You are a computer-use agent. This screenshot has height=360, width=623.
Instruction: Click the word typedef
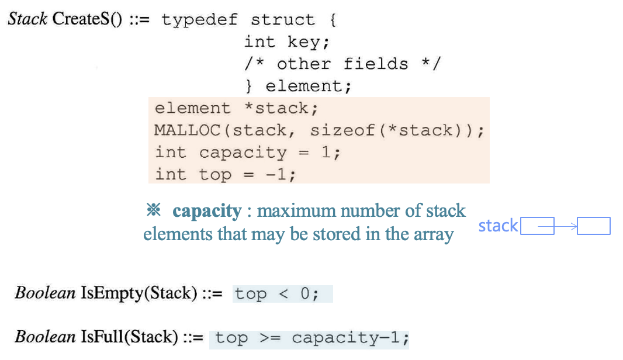(199, 20)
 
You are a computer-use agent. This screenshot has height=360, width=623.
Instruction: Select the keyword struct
(283, 20)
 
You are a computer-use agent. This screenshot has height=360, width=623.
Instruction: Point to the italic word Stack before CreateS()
(27, 19)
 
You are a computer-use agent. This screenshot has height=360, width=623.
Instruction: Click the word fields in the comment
(375, 64)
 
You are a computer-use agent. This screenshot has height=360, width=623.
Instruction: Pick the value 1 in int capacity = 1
(326, 153)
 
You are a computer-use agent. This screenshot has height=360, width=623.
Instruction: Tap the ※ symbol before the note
(153, 210)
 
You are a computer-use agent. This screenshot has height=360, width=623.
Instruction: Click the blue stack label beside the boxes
(498, 226)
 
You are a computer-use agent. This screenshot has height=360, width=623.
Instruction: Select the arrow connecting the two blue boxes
(558, 226)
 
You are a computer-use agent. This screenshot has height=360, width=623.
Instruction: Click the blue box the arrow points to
(593, 226)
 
